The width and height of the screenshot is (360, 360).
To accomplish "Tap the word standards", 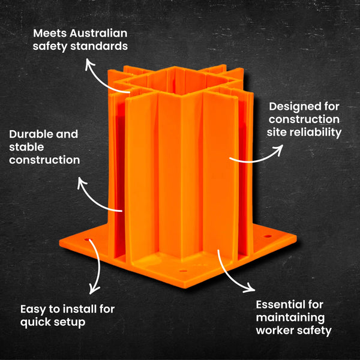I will [101, 45].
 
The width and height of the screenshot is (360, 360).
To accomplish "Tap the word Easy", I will [32, 309].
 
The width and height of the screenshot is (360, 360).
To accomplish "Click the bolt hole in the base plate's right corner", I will [266, 238].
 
